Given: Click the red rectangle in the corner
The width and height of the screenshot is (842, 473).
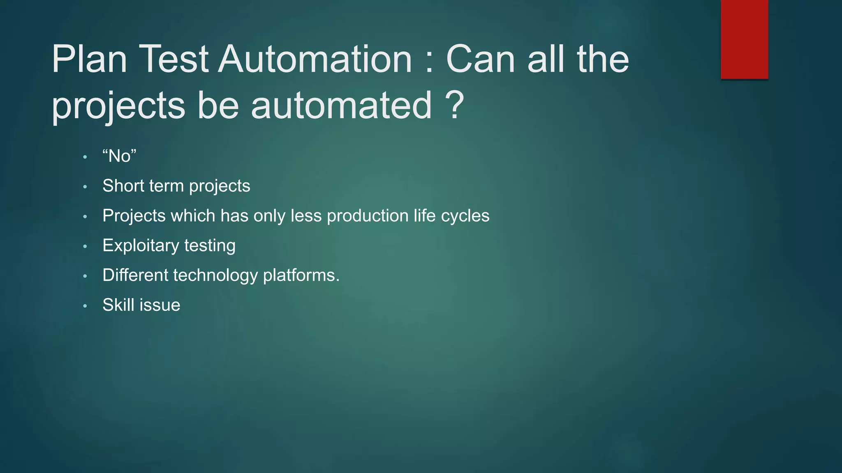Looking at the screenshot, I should [x=744, y=39].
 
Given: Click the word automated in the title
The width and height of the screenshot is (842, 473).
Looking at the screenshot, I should [x=341, y=105].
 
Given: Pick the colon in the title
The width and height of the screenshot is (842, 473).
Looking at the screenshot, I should [x=429, y=62].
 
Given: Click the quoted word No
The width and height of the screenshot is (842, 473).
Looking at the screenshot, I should [x=119, y=156].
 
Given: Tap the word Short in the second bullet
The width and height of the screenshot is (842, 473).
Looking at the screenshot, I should [x=123, y=186].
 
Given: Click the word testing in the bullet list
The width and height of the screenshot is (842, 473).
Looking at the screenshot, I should [x=210, y=246].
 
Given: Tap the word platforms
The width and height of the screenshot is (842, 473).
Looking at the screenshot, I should [x=301, y=276].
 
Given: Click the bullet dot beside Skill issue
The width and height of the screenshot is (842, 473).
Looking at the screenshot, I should [x=85, y=306].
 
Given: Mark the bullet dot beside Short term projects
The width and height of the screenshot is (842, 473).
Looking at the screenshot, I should [x=85, y=187].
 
